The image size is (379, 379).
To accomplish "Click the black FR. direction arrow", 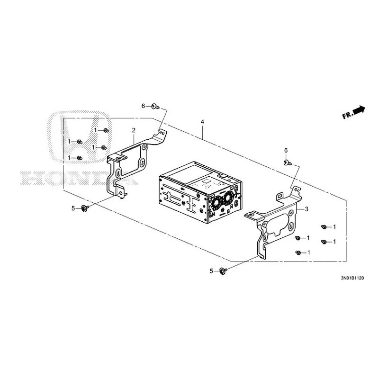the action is [360, 110].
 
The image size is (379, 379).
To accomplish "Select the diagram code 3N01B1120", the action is [352, 278].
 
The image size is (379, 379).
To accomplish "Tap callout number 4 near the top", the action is [202, 122].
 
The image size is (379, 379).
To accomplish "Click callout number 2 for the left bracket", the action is [134, 130].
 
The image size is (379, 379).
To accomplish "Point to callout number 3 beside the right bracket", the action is [307, 209].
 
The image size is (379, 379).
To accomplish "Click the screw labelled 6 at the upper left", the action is [155, 106].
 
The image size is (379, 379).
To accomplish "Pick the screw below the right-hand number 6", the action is [288, 163].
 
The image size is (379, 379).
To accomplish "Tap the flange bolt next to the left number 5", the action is [85, 208].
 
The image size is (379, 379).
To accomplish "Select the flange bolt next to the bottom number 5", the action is [223, 271].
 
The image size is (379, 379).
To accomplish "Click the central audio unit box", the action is [200, 192].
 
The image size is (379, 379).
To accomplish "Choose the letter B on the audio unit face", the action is [228, 211].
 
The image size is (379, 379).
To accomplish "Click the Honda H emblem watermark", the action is [79, 137].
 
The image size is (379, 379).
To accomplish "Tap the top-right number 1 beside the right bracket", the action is [334, 227].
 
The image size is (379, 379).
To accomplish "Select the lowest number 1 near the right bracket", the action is [309, 253].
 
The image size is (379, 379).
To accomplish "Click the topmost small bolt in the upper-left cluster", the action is [106, 131].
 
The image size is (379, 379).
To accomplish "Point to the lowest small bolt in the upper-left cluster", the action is [79, 158].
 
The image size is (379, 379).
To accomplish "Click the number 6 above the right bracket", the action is [286, 150].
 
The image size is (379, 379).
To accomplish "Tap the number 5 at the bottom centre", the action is [211, 271].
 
